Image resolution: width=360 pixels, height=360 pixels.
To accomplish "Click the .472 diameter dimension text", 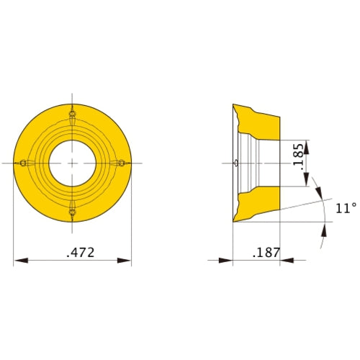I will (x=81, y=253).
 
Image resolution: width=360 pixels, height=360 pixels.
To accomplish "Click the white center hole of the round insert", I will (x=72, y=163).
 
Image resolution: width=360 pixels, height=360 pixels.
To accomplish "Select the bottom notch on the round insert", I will (x=72, y=212).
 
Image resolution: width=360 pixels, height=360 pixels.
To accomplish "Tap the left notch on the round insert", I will (x=23, y=163).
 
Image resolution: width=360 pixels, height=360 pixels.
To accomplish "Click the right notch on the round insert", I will (x=121, y=163).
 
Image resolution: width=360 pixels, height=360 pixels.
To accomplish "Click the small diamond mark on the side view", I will (x=237, y=163).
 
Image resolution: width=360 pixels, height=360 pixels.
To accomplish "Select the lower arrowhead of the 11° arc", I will (x=323, y=230).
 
